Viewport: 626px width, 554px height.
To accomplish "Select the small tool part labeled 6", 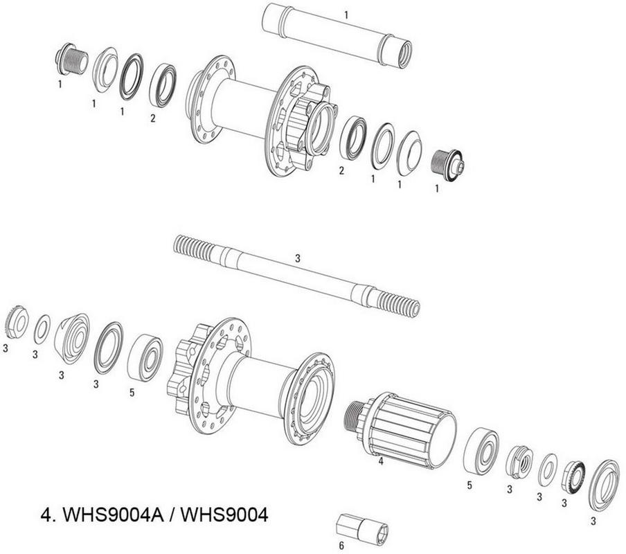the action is click(x=362, y=528).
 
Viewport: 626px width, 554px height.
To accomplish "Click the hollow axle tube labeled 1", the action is click(x=337, y=35).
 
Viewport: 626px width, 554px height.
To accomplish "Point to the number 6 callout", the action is click(x=341, y=545).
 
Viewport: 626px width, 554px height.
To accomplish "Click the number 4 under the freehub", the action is click(x=381, y=461).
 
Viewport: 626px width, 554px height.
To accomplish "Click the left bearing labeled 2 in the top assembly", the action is click(x=163, y=85).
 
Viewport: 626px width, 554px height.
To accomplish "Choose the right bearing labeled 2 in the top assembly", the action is click(x=353, y=138).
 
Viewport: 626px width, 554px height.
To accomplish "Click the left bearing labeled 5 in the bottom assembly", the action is click(x=145, y=359).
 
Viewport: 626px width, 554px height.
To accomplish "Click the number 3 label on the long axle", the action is click(x=298, y=258).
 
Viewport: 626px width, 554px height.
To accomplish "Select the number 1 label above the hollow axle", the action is click(x=346, y=15).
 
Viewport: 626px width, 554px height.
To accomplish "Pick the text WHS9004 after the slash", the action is click(x=224, y=515).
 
